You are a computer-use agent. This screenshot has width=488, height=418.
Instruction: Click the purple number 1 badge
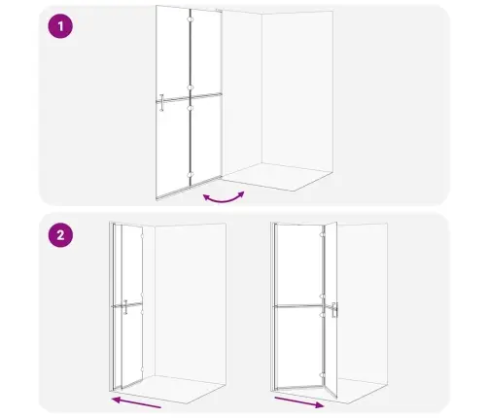[60, 26]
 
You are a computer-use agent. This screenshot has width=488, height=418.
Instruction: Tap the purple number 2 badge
[60, 234]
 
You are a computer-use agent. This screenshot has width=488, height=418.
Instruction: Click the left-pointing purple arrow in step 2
[136, 401]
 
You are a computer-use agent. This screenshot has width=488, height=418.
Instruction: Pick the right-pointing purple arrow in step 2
[299, 401]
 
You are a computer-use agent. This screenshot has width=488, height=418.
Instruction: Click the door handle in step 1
[161, 102]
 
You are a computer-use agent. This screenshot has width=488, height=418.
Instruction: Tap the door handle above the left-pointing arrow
[125, 307]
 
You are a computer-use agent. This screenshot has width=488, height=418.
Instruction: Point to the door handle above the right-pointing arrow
[334, 310]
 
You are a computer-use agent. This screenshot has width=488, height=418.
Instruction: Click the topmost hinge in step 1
[190, 19]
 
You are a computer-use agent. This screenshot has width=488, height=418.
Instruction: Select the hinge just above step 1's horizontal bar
[190, 87]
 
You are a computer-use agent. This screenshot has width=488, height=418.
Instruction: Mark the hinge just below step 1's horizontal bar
[190, 108]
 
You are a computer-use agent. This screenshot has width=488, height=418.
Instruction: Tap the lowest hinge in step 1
[190, 175]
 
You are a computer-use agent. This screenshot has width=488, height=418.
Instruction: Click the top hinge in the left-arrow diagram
[142, 236]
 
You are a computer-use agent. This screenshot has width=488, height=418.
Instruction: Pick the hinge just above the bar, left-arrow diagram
[142, 295]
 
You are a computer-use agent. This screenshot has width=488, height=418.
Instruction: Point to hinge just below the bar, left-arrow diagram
[142, 312]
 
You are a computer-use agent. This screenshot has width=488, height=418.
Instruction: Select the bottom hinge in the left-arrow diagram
[142, 369]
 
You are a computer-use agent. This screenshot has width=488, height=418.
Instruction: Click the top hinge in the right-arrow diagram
[322, 235]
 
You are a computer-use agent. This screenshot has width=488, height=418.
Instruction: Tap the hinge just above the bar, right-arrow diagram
[322, 296]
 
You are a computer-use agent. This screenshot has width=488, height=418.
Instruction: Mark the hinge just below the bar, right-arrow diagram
[322, 314]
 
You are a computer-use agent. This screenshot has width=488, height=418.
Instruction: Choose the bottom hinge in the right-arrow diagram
[322, 375]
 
